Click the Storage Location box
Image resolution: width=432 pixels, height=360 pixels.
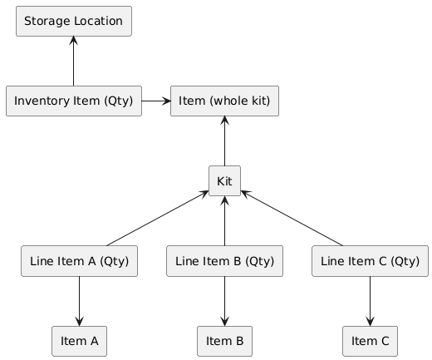pyautogui.click(x=74, y=21)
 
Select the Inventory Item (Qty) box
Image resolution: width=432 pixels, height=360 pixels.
pyautogui.click(x=74, y=101)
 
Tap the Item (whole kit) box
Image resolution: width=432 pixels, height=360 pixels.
pyautogui.click(x=224, y=101)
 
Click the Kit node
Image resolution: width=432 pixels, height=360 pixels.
pyautogui.click(x=224, y=181)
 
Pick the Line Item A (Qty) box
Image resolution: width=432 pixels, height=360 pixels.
pyautogui.click(x=79, y=261)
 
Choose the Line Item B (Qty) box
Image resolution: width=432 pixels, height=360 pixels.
pyautogui.click(x=224, y=261)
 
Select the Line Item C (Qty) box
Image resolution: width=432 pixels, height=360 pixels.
pyautogui.click(x=370, y=261)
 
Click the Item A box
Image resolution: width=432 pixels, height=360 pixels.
pyautogui.click(x=79, y=341)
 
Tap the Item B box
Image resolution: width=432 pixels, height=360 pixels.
pyautogui.click(x=224, y=341)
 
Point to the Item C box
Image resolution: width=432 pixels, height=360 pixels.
pyautogui.click(x=370, y=341)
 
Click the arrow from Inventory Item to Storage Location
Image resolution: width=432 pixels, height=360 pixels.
pyautogui.click(x=74, y=61)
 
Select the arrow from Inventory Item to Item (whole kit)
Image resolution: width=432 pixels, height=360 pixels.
pyautogui.click(x=156, y=101)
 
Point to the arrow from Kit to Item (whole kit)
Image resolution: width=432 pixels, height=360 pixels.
pyautogui.click(x=224, y=141)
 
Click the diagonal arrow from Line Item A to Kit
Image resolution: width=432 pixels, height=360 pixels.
pyautogui.click(x=157, y=218)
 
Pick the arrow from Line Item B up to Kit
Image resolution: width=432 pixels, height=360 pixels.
pyautogui.click(x=224, y=221)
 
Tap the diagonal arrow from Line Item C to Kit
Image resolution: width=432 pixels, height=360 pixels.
pyautogui.click(x=292, y=218)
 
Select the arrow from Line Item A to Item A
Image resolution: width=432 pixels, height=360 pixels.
pyautogui.click(x=79, y=301)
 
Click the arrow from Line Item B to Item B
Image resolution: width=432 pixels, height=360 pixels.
pyautogui.click(x=224, y=301)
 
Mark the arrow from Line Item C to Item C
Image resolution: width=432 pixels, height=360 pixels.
pyautogui.click(x=370, y=301)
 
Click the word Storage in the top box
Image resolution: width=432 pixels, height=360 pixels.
pyautogui.click(x=47, y=22)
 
